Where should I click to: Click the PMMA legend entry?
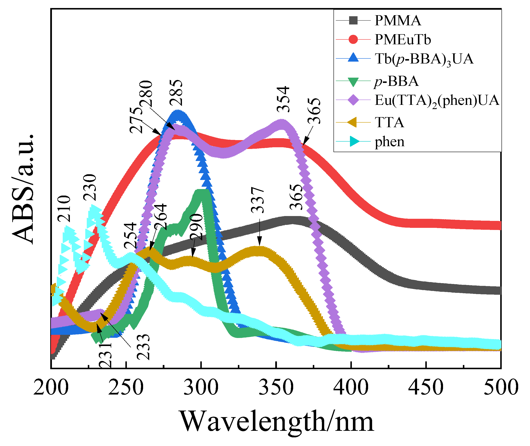point(397,20)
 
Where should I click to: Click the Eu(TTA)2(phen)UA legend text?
point(437,101)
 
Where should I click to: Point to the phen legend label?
point(389,142)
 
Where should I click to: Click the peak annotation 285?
point(176,93)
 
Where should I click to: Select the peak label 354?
point(283,99)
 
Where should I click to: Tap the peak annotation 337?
point(258,200)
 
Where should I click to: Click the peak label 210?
point(64,209)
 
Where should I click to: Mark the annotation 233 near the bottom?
point(143,347)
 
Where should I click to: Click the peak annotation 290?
point(196,227)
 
